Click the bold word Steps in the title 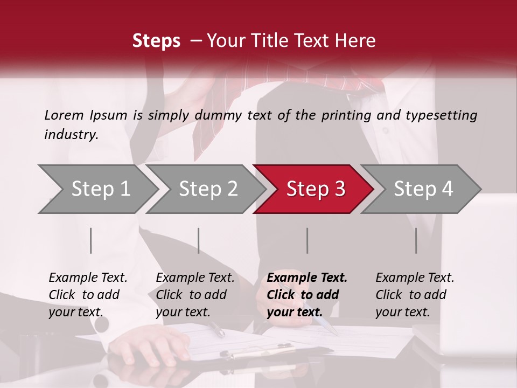click(x=156, y=41)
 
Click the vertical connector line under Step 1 click(x=91, y=240)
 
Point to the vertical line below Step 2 click(x=199, y=240)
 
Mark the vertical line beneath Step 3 click(x=307, y=240)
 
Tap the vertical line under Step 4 click(x=416, y=240)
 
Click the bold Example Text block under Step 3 click(x=307, y=295)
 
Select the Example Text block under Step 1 click(x=88, y=295)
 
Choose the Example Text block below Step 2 click(x=195, y=295)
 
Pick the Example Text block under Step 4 click(x=415, y=295)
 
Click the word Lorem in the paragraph click(x=64, y=115)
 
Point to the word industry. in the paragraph click(x=71, y=135)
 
